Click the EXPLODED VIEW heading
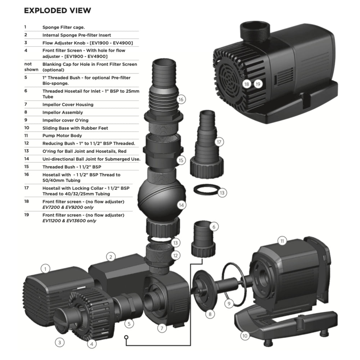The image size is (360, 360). pyautogui.click(x=57, y=10)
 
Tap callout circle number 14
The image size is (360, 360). pyautogui.click(x=181, y=205)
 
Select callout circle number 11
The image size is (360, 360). pyautogui.click(x=282, y=241)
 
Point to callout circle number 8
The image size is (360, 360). pyautogui.click(x=210, y=314)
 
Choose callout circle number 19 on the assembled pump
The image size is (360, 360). pyautogui.click(x=258, y=84)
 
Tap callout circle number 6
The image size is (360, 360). pyautogui.click(x=214, y=227)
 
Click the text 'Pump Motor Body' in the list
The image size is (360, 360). pyautogui.click(x=62, y=136)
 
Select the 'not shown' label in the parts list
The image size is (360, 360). pyautogui.click(x=31, y=67)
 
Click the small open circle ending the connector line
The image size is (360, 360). pyautogui.click(x=126, y=337)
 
